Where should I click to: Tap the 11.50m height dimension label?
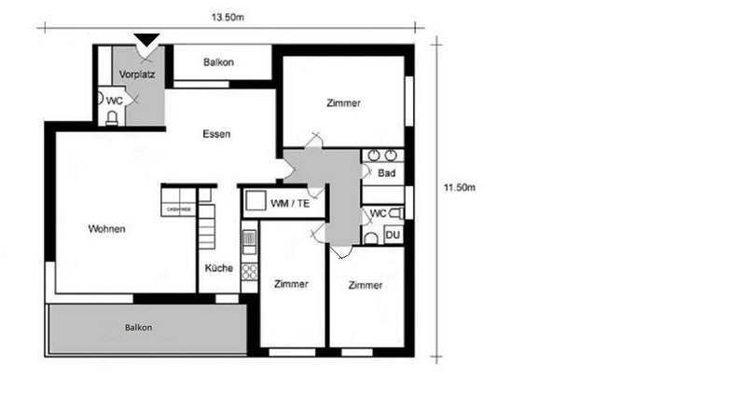pyautogui.click(x=459, y=187)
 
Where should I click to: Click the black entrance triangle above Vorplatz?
pyautogui.click(x=146, y=39)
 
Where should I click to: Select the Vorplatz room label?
pyautogui.click(x=136, y=73)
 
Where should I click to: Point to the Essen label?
pyautogui.click(x=216, y=134)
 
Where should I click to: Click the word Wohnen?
pyautogui.click(x=107, y=229)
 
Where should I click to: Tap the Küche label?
pyautogui.click(x=219, y=267)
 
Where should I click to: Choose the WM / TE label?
pyautogui.click(x=292, y=203)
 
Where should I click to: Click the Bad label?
pyautogui.click(x=386, y=173)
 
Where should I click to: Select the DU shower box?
pyautogui.click(x=393, y=236)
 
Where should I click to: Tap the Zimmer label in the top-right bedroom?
pyautogui.click(x=343, y=102)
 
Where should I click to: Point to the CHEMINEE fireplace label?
pyautogui.click(x=178, y=210)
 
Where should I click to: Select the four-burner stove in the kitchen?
pyautogui.click(x=249, y=272)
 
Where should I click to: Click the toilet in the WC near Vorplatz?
pyautogui.click(x=112, y=116)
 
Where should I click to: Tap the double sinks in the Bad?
pyautogui.click(x=380, y=155)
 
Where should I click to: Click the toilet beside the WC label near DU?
pyautogui.click(x=404, y=214)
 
